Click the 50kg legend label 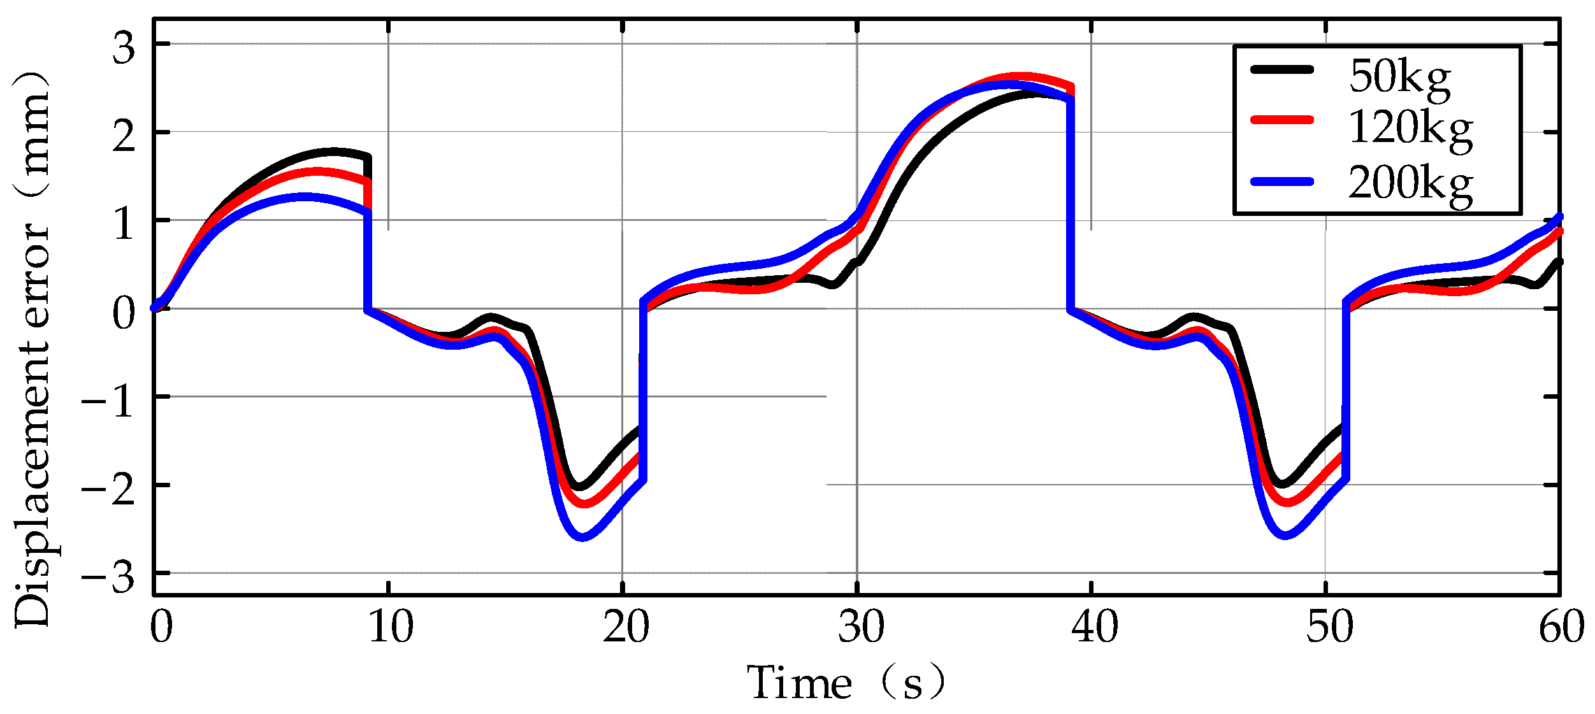click(x=1399, y=78)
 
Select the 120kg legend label click(x=1410, y=129)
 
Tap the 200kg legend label click(x=1410, y=184)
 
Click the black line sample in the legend click(x=1282, y=70)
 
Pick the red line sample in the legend click(x=1282, y=120)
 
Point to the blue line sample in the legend click(x=1282, y=182)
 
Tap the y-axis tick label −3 click(x=107, y=578)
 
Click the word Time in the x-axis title click(x=800, y=683)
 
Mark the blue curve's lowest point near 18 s click(x=582, y=537)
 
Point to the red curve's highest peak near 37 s click(x=1020, y=77)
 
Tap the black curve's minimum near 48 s click(x=1281, y=485)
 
